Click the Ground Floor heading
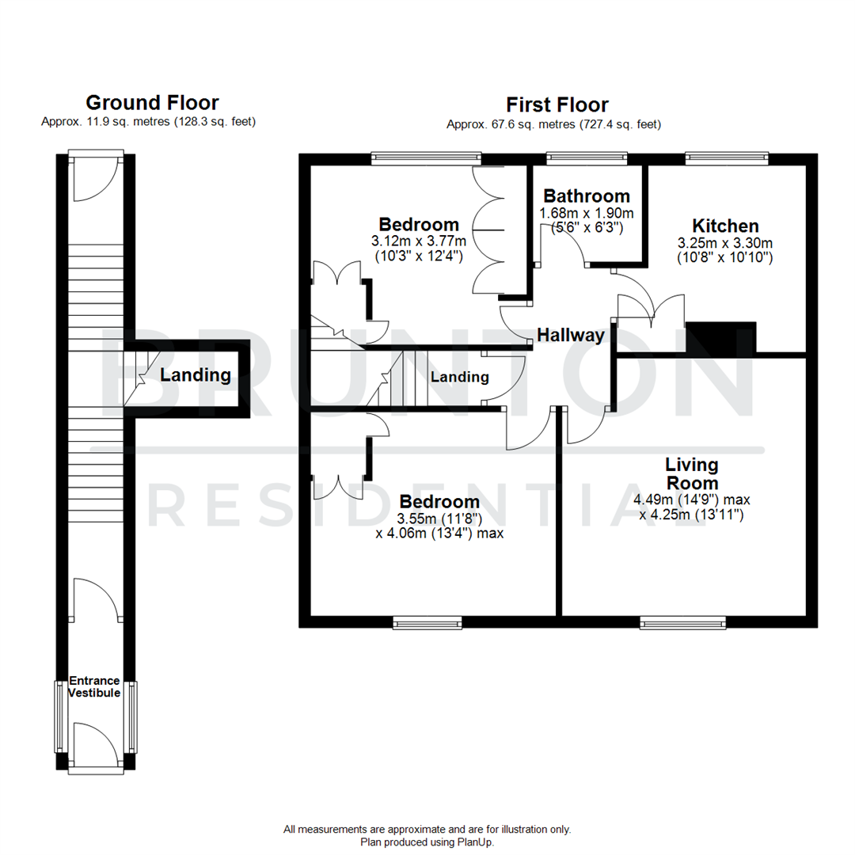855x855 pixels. coord(152,102)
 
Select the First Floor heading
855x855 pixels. coord(557,104)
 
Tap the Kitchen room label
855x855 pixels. coord(725,226)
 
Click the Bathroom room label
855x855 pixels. coord(587,196)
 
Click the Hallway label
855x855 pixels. coord(571,335)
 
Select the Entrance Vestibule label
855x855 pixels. coord(94,686)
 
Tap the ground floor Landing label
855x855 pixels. coord(196,375)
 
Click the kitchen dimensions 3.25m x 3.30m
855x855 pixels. coord(725,243)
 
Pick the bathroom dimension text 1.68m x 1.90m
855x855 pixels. coord(587,214)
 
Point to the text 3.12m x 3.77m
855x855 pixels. coord(419,241)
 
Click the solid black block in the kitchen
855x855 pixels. coord(721,336)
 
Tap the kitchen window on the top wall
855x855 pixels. coord(727,158)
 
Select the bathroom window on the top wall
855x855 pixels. coord(587,158)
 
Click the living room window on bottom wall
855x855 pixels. coord(682,623)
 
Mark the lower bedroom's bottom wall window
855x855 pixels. coord(428,623)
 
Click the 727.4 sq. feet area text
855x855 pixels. coord(620,124)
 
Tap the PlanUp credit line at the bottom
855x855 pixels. coord(427,842)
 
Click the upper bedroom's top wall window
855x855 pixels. coord(427,158)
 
